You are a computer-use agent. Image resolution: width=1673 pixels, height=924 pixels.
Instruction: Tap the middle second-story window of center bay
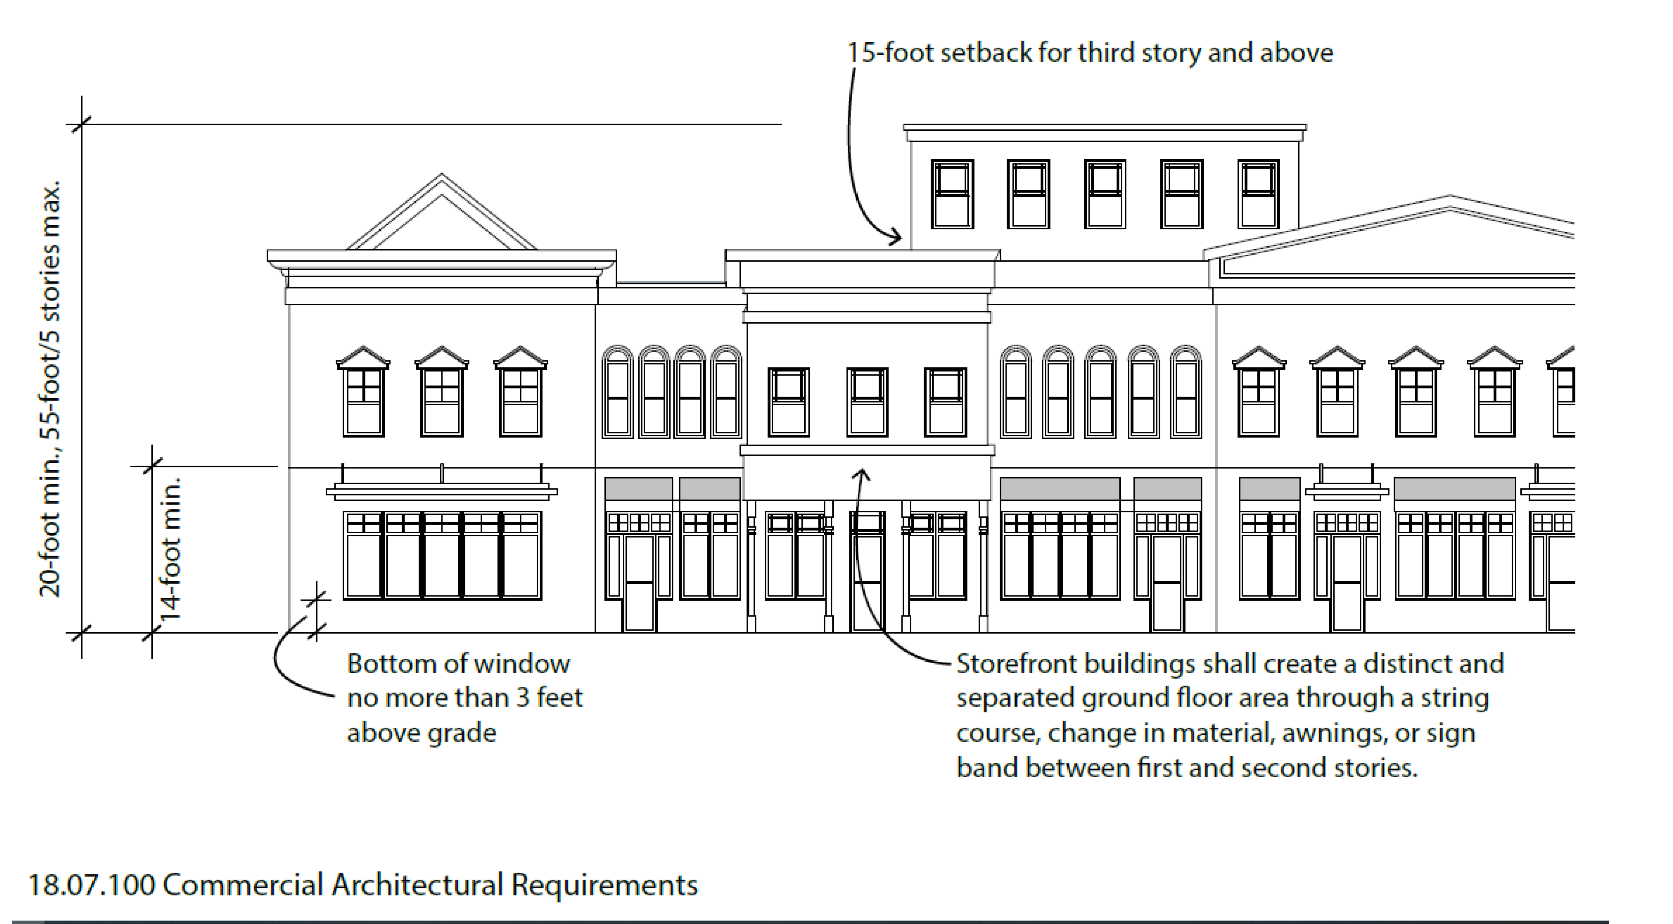coord(867,401)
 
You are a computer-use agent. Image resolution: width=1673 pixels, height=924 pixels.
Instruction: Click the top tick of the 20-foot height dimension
coord(81,124)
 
